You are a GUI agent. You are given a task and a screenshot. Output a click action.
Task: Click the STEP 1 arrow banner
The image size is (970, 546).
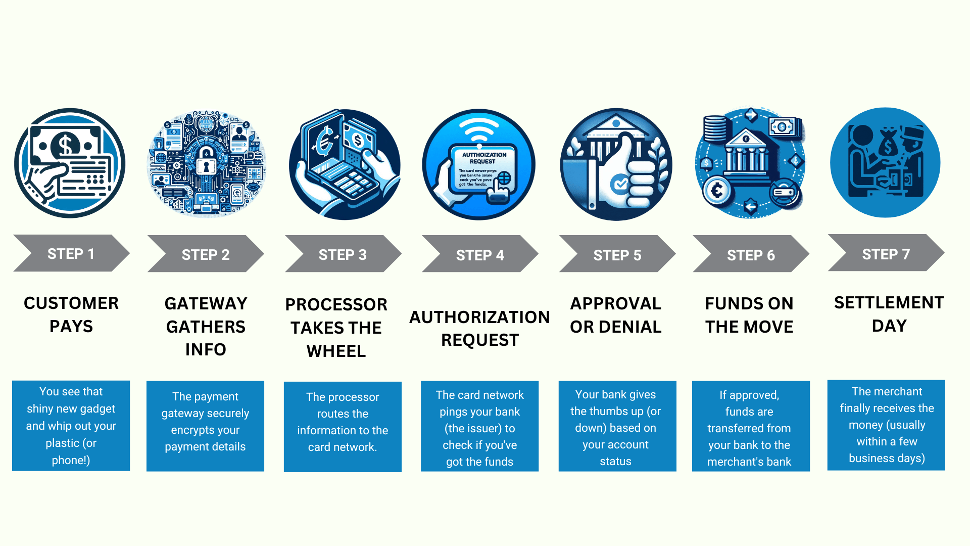click(71, 253)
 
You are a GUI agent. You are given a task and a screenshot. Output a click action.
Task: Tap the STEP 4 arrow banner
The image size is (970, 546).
click(479, 255)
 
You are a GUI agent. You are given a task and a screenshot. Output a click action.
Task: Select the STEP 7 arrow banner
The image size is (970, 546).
click(886, 254)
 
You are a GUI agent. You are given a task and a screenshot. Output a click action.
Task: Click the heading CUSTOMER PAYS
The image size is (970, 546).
click(71, 314)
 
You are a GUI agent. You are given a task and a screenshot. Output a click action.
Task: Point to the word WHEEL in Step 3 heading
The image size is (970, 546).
click(336, 351)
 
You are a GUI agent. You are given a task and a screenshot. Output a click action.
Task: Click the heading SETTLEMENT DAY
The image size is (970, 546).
click(889, 314)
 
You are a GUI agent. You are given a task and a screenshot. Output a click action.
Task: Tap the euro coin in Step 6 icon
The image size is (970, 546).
click(716, 191)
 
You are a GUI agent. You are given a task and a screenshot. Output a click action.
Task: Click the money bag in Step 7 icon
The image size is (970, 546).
click(888, 144)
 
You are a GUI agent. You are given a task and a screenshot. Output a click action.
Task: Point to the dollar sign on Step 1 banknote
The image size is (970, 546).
click(65, 145)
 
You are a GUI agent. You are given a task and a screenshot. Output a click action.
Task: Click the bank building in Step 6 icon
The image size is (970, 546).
click(747, 152)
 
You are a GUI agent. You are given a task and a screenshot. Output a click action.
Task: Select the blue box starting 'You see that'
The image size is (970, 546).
click(71, 426)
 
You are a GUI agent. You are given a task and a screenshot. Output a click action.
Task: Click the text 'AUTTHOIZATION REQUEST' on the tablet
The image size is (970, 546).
click(483, 158)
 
